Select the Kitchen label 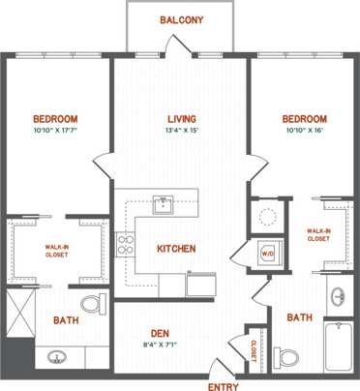[176, 249]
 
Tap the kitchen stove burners [125, 246]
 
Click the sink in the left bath [57, 357]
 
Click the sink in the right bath [336, 295]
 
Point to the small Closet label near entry [254, 349]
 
